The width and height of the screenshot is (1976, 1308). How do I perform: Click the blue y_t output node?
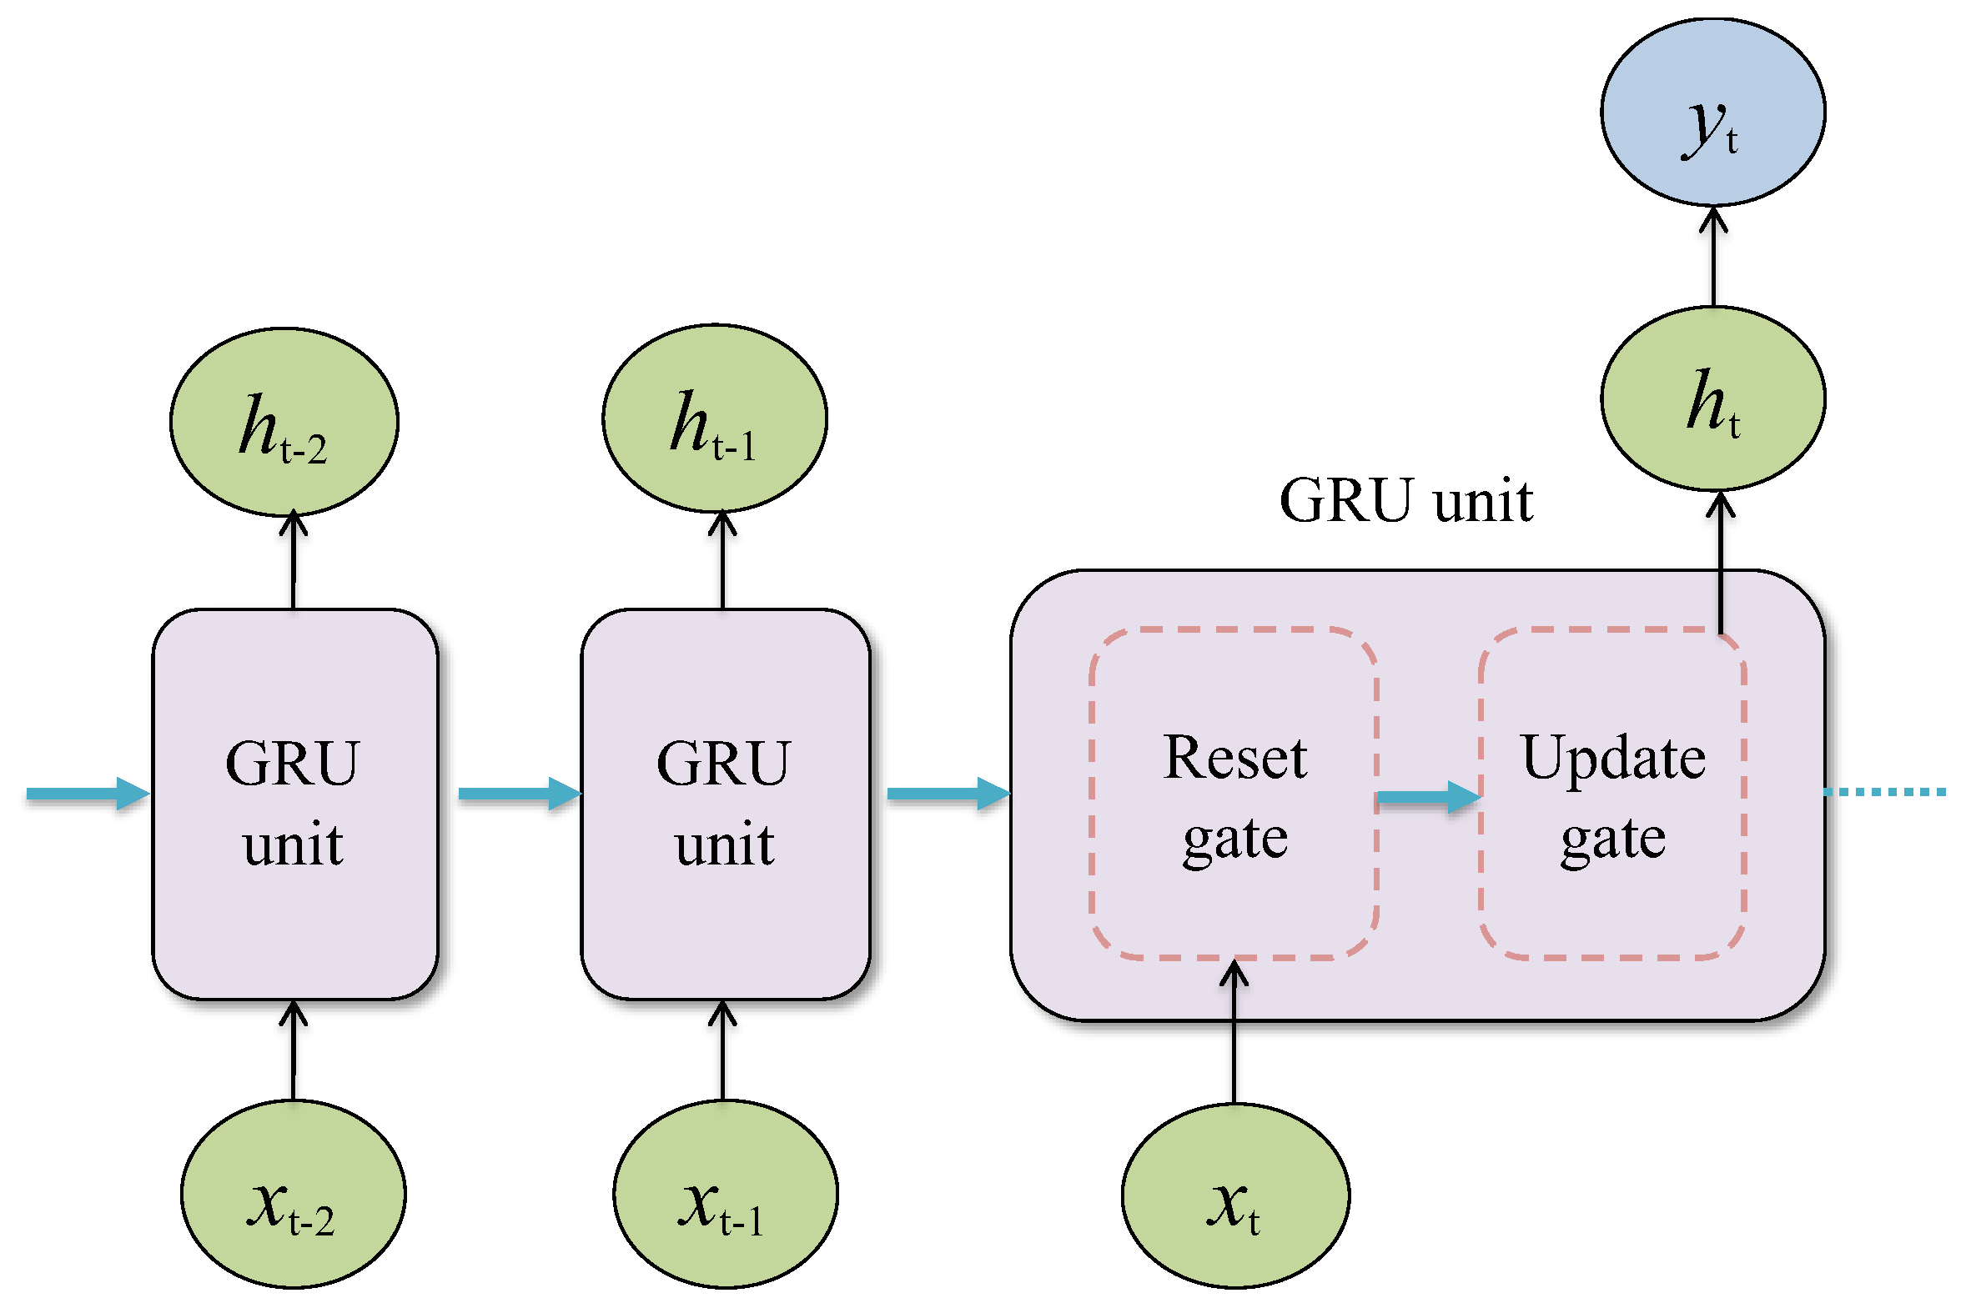coord(1712,113)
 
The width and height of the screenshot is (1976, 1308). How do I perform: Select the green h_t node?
coord(1712,398)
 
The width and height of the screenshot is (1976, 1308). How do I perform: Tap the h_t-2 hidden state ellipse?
coord(284,422)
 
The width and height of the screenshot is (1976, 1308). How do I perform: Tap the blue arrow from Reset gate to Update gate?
coord(1428,798)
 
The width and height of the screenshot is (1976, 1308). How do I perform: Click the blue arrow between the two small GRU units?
coord(518,794)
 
